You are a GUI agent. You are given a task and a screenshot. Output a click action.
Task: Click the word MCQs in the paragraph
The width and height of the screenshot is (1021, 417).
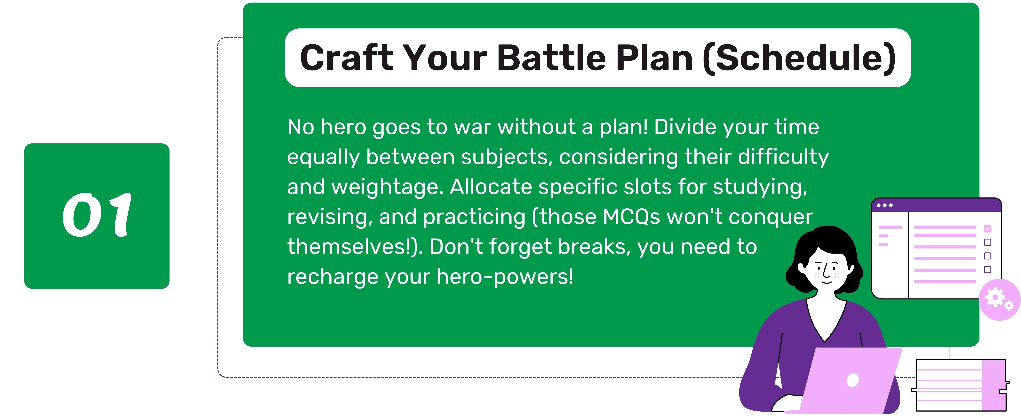point(631,217)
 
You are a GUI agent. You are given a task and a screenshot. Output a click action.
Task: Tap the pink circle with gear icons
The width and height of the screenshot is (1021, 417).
point(999,300)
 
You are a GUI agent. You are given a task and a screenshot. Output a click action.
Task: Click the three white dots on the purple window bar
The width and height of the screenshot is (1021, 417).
point(885,205)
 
